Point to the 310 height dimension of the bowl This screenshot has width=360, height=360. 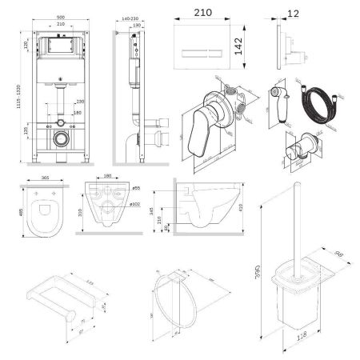pyautogui.click(x=81, y=211)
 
